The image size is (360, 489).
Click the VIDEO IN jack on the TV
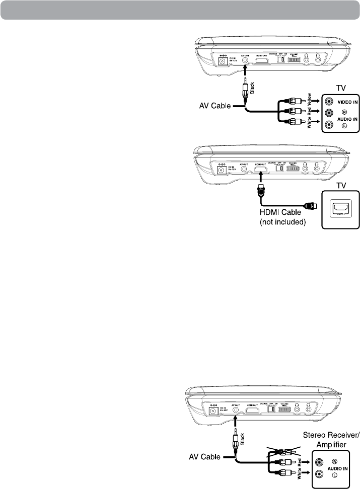[x=329, y=100]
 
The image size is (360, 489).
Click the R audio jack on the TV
[x=329, y=113]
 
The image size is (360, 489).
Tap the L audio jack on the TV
[x=329, y=125]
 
